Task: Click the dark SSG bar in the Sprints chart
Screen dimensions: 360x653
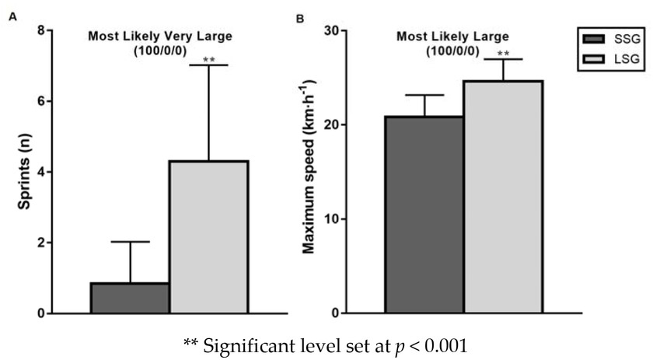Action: click(x=130, y=298)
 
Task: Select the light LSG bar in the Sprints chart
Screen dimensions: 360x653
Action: click(x=208, y=237)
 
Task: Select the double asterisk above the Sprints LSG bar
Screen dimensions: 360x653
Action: click(x=208, y=58)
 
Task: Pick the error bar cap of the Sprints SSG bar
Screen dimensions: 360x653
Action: click(x=130, y=242)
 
